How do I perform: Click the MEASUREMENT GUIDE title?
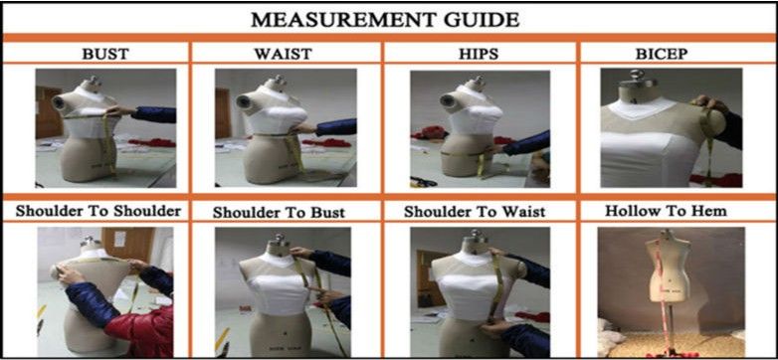click(x=385, y=20)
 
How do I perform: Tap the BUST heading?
click(x=104, y=54)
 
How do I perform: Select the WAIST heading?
click(x=284, y=54)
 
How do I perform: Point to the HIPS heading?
click(x=479, y=54)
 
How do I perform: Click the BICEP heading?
click(x=662, y=54)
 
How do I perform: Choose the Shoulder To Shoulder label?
click(x=98, y=211)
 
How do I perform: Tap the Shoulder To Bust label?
click(x=279, y=213)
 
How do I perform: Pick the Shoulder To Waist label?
click(x=475, y=212)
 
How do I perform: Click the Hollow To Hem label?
click(x=666, y=211)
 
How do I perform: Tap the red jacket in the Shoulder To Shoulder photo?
click(x=144, y=332)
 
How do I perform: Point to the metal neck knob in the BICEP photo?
click(x=637, y=76)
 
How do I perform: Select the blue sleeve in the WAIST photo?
click(x=335, y=127)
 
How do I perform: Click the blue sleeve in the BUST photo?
click(x=153, y=114)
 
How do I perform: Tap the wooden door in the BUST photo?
click(x=49, y=112)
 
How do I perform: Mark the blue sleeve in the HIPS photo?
click(x=526, y=143)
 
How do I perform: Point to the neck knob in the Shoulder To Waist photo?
click(x=476, y=236)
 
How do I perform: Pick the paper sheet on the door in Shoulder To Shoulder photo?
click(x=119, y=239)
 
